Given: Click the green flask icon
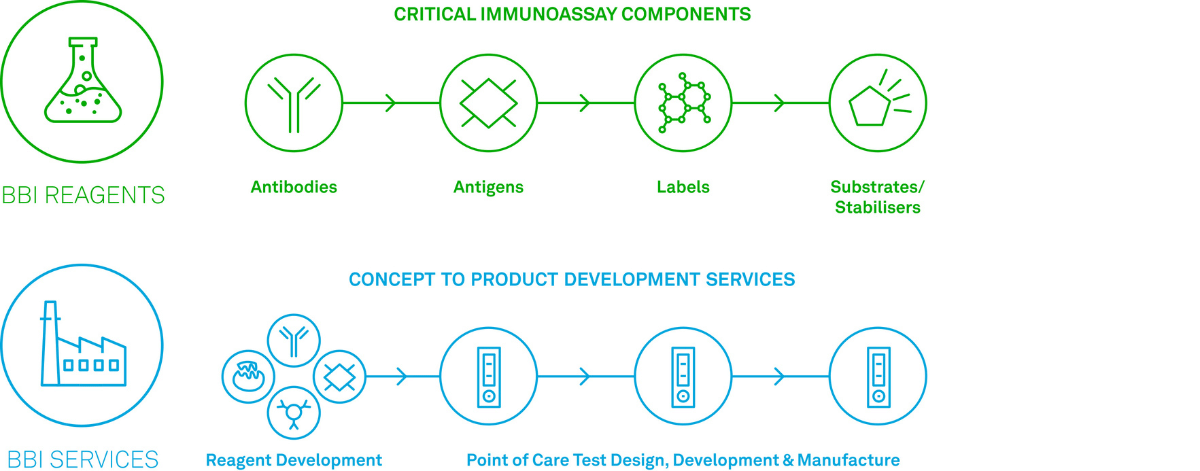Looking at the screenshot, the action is (x=82, y=80).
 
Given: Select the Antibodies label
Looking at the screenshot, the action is (x=294, y=187).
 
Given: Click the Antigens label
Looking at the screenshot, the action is (x=488, y=187).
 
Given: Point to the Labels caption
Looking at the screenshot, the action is (x=683, y=187).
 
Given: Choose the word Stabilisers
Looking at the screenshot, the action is (x=878, y=207).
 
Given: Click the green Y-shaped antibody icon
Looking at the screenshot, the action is (x=294, y=104).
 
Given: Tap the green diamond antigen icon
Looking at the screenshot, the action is (x=488, y=103).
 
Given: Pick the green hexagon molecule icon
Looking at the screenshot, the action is (x=684, y=102).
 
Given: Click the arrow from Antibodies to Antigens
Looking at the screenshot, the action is (x=391, y=103).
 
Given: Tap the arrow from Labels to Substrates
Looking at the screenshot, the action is (x=781, y=103).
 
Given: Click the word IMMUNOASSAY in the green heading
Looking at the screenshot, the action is (x=549, y=14).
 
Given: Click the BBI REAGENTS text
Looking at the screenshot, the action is (x=83, y=195).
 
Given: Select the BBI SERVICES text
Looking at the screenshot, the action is (x=83, y=460).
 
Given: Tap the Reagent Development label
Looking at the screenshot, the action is (x=294, y=460).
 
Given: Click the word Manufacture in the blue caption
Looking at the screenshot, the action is (x=848, y=460).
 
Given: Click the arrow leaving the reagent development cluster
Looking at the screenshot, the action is (x=403, y=377).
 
